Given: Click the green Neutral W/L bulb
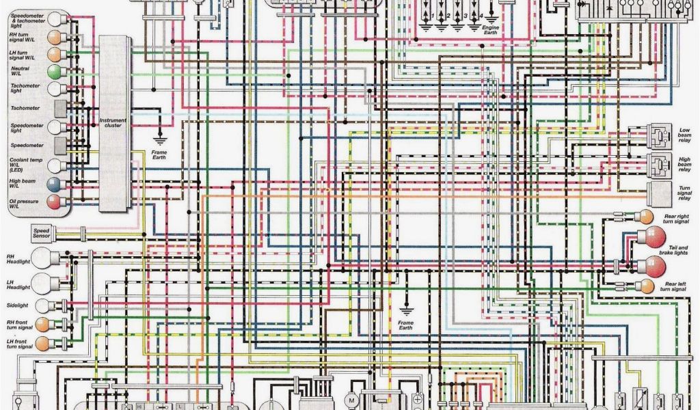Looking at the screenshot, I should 53,72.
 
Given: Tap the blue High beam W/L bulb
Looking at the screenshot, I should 53,184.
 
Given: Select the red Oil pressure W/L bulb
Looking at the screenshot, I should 53,202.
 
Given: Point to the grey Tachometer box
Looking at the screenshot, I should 59,108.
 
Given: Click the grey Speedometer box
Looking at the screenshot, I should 59,145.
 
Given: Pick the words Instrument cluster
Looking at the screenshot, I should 113,123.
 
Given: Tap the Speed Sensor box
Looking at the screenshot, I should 41,234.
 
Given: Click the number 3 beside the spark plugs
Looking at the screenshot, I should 466,15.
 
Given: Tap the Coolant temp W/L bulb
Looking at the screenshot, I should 53,165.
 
